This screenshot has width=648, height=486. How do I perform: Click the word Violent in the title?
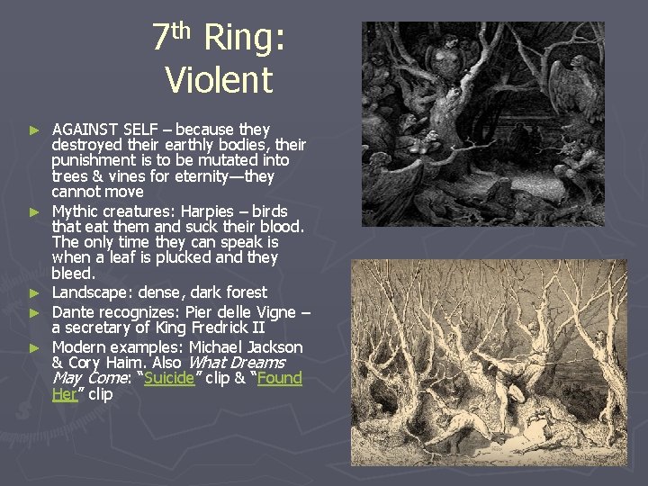tap(219, 80)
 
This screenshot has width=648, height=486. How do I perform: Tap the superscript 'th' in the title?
tap(182, 30)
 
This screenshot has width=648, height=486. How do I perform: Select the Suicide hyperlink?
tap(170, 378)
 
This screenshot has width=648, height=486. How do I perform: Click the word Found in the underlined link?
tap(279, 378)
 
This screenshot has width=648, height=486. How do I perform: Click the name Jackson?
tap(274, 346)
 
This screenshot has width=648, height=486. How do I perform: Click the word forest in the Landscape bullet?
tap(243, 292)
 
